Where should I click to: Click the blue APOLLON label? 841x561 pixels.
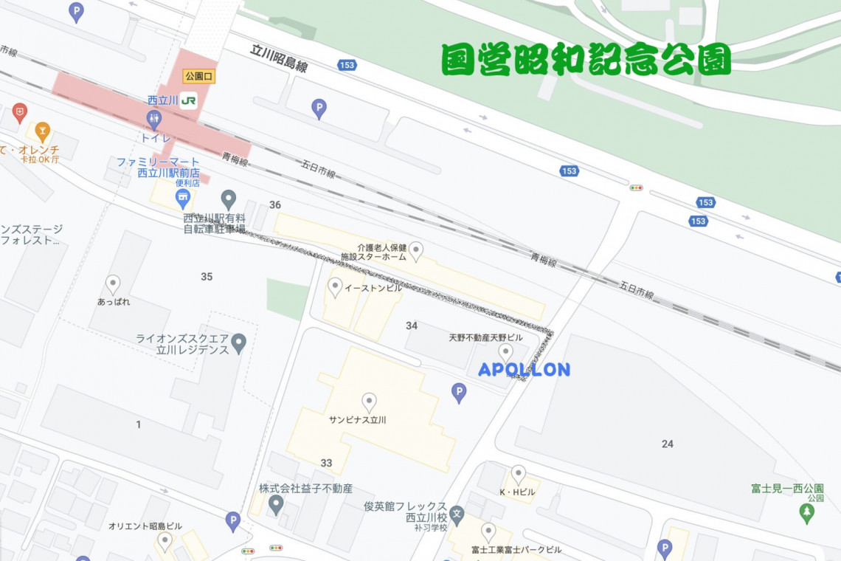[x=524, y=370]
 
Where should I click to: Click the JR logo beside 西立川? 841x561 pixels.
[x=188, y=100]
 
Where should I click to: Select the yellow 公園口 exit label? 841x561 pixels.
[x=199, y=76]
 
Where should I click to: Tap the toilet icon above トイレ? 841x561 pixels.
[x=154, y=118]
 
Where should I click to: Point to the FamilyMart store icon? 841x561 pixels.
[x=182, y=197]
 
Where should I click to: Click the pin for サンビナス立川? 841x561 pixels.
[x=369, y=402]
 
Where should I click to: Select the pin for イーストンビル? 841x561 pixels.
[x=335, y=286]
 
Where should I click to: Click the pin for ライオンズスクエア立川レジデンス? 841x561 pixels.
[x=238, y=343]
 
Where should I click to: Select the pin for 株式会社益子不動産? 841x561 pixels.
[x=276, y=505]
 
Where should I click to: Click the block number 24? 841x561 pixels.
[x=667, y=444]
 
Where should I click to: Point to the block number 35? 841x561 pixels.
[x=207, y=277]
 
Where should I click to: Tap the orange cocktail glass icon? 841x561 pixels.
[x=43, y=131]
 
